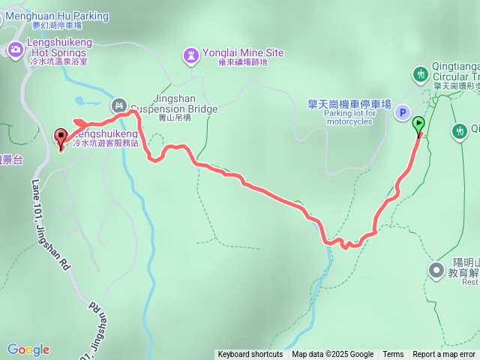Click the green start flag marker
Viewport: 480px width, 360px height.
418,125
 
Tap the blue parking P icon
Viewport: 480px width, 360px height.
403,113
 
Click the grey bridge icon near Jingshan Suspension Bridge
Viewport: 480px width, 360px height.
118,105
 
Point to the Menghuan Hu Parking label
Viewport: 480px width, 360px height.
57,16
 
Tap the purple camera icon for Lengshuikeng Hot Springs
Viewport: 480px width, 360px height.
15,50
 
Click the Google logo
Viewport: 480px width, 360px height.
28,349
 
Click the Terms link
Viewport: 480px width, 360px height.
393,355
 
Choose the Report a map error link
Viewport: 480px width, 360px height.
444,355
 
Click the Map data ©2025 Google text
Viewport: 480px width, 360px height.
332,355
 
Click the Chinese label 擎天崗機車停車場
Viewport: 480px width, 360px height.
349,104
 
